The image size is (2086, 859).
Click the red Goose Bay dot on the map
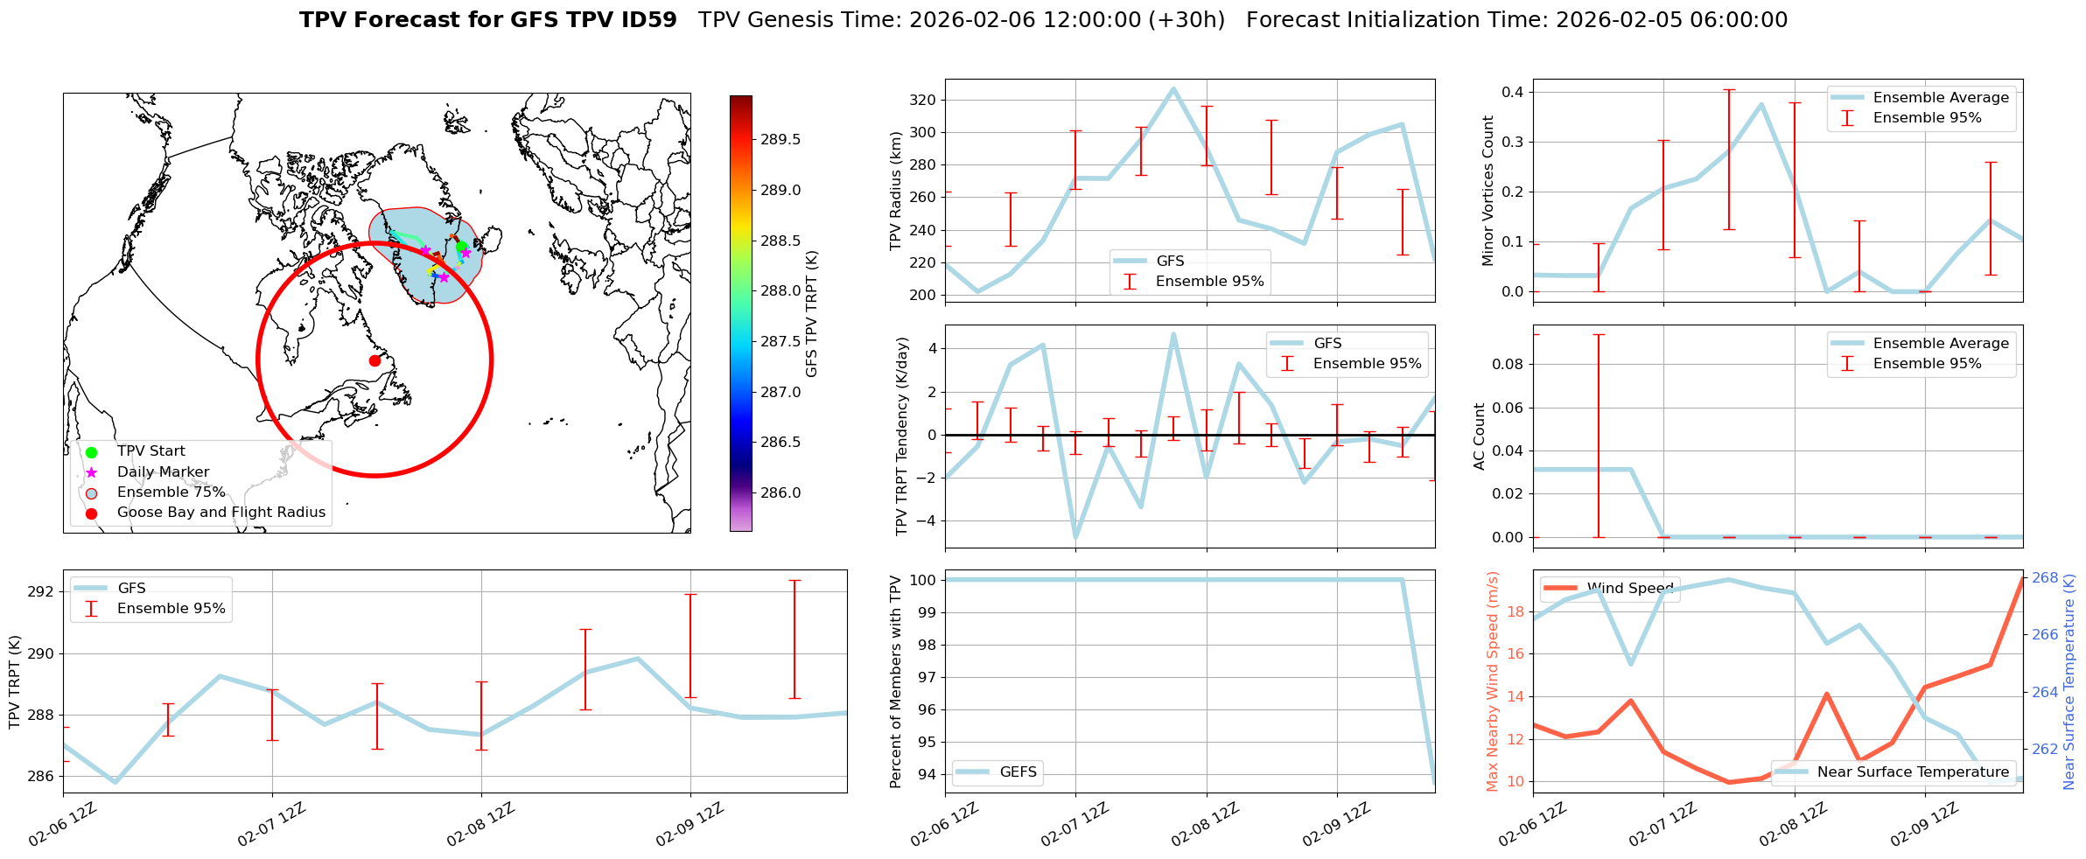tap(374, 360)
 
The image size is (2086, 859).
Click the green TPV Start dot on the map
tap(461, 247)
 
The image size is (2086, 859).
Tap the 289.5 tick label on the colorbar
tap(780, 140)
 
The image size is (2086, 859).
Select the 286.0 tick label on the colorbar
tap(780, 492)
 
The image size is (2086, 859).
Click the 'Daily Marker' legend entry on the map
tap(163, 472)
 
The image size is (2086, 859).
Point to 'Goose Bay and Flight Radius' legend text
tap(220, 513)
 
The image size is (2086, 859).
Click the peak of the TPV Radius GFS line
tap(1173, 88)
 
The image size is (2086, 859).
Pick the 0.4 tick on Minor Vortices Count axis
tap(1513, 92)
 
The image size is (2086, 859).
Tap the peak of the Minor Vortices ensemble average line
tap(1761, 105)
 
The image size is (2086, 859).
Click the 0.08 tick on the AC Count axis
tap(1508, 364)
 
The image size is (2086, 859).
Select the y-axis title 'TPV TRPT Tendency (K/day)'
tap(902, 436)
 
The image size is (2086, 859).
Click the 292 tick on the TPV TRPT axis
tap(42, 592)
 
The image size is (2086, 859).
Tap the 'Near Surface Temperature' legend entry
tap(1913, 772)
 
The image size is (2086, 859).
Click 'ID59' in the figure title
tap(647, 20)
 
